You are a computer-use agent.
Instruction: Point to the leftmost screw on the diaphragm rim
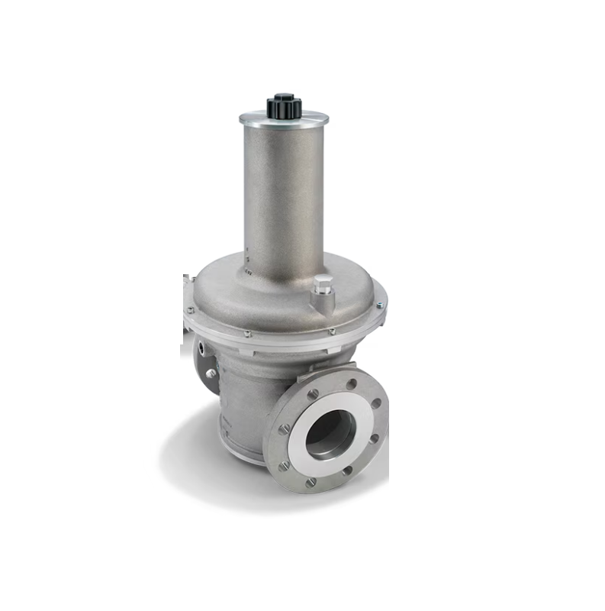tap(190, 310)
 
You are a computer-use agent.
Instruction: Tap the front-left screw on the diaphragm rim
tap(247, 333)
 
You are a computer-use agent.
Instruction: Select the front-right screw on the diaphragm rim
tap(331, 331)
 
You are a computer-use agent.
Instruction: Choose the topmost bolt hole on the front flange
tap(351, 384)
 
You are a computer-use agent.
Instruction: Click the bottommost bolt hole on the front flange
tap(311, 482)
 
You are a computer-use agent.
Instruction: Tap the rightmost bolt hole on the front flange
tap(377, 402)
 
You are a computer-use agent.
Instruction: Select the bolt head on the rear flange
tap(211, 373)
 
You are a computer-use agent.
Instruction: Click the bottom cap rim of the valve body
tap(237, 451)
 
